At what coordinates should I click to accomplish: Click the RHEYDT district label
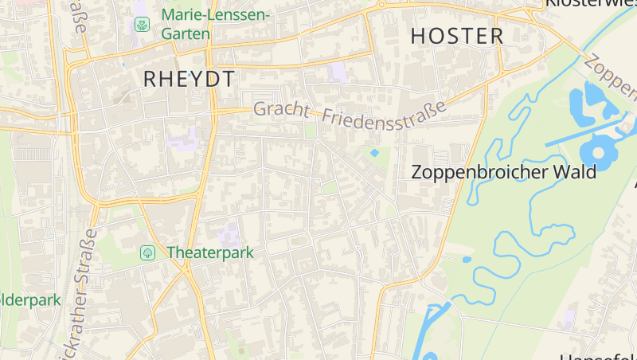190,78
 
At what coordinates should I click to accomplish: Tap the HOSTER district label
457,36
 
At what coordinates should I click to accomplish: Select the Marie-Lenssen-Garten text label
215,24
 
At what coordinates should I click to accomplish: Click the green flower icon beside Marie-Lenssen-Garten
142,25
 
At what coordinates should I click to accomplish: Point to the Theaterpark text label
209,252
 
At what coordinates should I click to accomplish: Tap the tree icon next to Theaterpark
147,252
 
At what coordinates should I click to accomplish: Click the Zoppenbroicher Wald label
503,172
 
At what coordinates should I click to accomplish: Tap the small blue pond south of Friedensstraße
374,152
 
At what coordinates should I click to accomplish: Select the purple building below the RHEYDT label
184,140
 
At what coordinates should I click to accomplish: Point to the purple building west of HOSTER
338,71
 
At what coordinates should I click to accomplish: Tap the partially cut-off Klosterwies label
589,4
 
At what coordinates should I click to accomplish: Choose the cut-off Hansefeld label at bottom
597,356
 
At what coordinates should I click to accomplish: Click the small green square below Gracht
311,130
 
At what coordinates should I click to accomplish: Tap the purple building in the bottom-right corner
568,319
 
